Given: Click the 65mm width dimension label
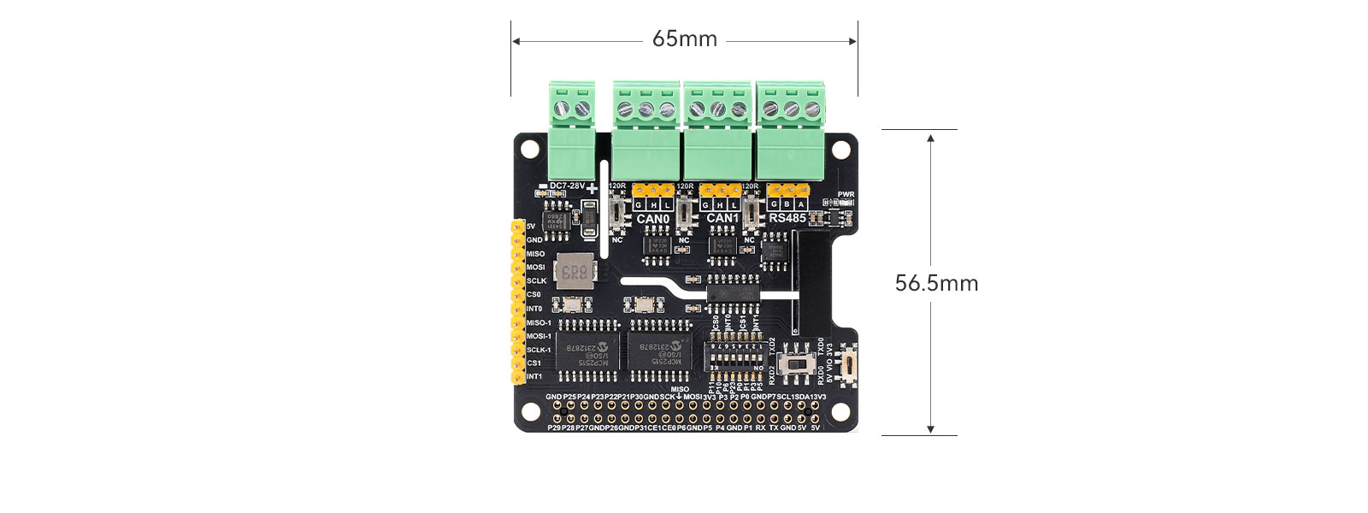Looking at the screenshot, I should click(x=684, y=39).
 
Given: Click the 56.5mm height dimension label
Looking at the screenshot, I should click(x=936, y=283).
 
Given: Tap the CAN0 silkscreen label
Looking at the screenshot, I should click(x=652, y=219).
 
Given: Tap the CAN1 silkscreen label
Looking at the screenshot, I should click(x=722, y=219).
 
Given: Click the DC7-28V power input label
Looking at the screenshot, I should click(x=565, y=186).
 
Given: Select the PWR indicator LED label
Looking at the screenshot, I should click(x=846, y=194).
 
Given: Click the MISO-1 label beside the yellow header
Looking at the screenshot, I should click(x=539, y=322).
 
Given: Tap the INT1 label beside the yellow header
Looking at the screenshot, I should click(x=534, y=376).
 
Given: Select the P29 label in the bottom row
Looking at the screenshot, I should click(x=554, y=427).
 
